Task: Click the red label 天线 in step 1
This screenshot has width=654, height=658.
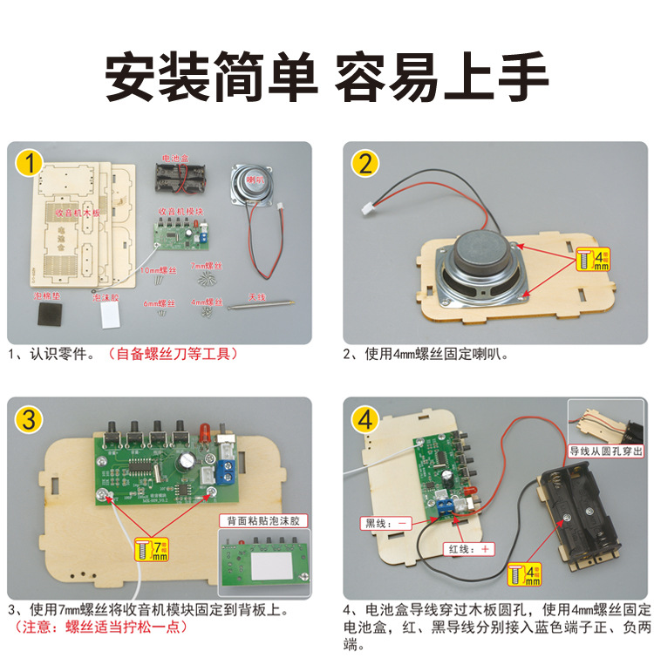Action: click(x=257, y=295)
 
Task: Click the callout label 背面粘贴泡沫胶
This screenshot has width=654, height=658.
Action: click(x=262, y=520)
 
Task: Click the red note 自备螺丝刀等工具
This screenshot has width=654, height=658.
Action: click(x=171, y=355)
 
